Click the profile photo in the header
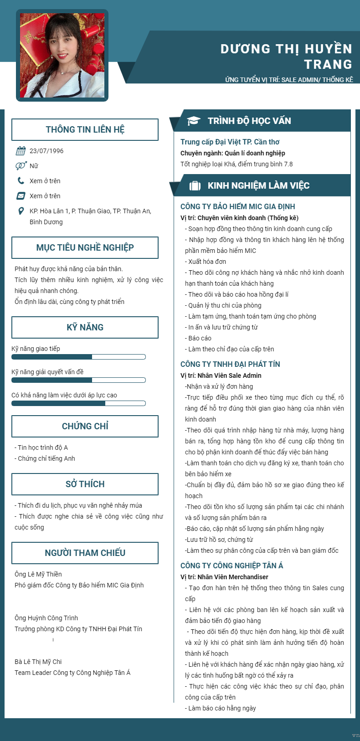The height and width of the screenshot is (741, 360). coord(62,55)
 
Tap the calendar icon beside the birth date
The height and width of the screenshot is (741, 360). coord(21,151)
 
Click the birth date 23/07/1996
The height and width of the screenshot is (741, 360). coord(46,151)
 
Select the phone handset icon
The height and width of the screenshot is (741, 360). coord(21,181)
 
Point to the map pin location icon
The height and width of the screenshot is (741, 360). coord(21,211)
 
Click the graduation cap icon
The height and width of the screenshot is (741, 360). coord(194,121)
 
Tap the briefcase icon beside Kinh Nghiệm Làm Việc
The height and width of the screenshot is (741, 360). coord(195,185)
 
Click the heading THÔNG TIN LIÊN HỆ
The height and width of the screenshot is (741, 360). coord(85,129)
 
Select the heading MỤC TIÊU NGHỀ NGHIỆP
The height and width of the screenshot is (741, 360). coord(85,247)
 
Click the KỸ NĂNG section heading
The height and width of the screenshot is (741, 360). coord(85,327)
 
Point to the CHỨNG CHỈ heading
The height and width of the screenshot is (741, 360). coord(85,426)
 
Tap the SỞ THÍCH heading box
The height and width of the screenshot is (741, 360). coord(85,484)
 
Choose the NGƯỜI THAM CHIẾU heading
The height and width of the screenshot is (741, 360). coord(85,553)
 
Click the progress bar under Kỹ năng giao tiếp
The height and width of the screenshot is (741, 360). coord(78,357)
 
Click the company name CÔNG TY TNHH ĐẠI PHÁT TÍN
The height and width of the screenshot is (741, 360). coord(230,364)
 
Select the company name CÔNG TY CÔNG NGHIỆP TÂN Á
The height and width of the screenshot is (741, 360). coord(231,566)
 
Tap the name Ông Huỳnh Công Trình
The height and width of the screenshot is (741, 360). coord(46,618)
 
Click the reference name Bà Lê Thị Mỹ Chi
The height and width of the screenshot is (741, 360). coord(38,662)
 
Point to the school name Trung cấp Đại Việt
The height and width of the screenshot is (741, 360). coord(230,142)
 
